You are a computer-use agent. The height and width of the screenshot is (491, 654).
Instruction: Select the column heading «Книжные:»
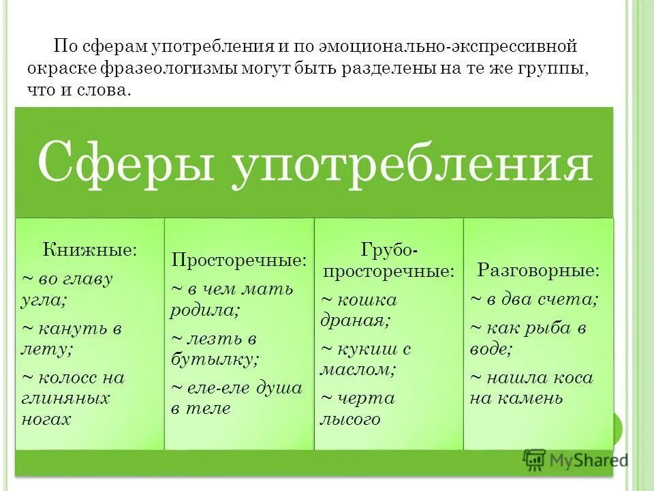[x=90, y=249]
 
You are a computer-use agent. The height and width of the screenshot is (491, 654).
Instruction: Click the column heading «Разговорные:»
[x=538, y=269]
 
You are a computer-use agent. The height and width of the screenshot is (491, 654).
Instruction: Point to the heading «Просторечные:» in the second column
[x=239, y=260]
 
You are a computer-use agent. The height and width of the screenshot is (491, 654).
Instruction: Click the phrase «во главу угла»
[x=68, y=288]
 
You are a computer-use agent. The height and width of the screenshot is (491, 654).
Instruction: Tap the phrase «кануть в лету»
[x=72, y=338]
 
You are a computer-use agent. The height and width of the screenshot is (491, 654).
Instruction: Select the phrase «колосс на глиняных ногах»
[x=73, y=398]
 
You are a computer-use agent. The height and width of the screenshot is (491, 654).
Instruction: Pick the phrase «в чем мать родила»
[x=232, y=298]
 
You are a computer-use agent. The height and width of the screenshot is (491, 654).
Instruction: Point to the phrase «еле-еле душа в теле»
[x=236, y=398]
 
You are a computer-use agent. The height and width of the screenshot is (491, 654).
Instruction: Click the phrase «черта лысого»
[x=357, y=408]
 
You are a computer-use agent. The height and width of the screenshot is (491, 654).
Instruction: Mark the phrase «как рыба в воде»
[x=529, y=338]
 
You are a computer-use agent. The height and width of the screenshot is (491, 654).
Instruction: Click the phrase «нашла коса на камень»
[x=531, y=387]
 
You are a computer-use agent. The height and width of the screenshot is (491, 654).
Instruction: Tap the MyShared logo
[x=576, y=460]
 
